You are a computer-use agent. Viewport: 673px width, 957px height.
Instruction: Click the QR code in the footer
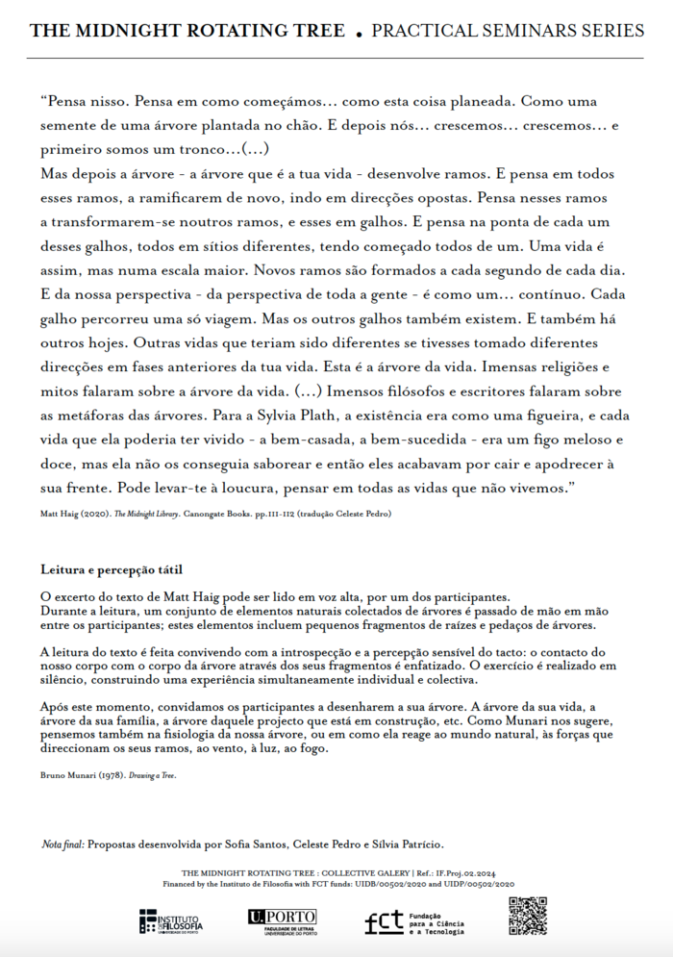click(527, 916)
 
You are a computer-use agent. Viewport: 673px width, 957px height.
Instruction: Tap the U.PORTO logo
click(283, 921)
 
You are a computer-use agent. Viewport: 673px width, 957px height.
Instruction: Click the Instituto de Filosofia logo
click(171, 921)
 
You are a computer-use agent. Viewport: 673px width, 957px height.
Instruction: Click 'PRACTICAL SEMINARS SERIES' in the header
click(508, 31)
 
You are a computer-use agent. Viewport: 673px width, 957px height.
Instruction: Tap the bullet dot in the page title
click(359, 34)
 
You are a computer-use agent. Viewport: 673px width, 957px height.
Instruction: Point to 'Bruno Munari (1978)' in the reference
click(78, 774)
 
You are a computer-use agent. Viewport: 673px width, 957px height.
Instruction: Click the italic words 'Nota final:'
click(62, 844)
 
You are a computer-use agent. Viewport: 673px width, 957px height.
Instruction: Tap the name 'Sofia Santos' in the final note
click(245, 844)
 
